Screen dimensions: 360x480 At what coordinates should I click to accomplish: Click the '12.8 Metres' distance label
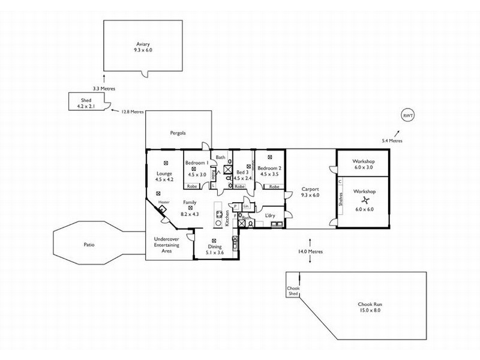click(133, 112)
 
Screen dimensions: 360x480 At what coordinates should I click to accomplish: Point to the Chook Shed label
click(293, 292)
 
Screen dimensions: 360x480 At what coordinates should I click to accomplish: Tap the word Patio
click(89, 244)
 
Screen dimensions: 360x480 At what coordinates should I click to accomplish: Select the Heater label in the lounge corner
click(163, 203)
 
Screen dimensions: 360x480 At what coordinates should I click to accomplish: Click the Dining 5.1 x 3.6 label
click(214, 250)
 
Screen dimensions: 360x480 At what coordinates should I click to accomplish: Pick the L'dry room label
click(269, 214)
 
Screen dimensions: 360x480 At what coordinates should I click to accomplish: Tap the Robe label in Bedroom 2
click(274, 187)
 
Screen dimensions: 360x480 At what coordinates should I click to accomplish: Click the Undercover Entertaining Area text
click(163, 245)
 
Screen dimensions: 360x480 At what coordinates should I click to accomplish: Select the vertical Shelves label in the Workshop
click(341, 199)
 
